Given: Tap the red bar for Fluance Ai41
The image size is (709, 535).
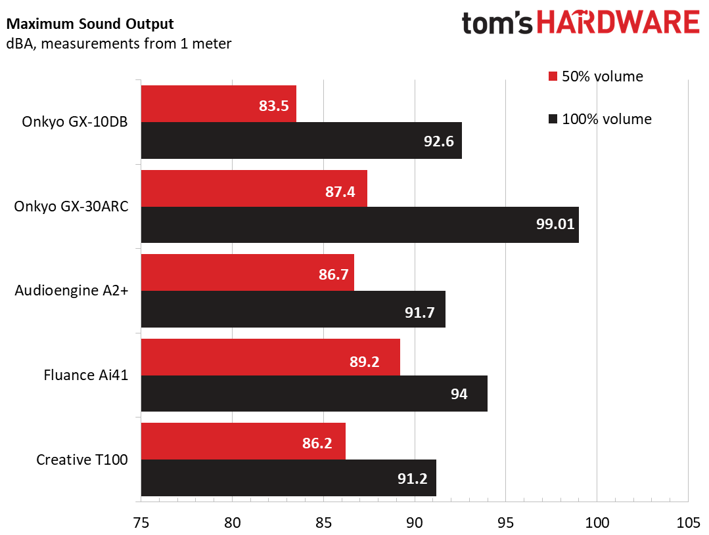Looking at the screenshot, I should [270, 357].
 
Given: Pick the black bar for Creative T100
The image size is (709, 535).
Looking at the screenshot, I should [288, 478].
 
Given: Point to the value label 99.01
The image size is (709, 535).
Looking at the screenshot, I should [555, 225].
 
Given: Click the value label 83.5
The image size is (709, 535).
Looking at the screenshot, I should [274, 104].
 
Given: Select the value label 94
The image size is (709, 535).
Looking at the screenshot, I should [459, 394].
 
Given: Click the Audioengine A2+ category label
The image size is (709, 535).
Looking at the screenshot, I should [71, 290].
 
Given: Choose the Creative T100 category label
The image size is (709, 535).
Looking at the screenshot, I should [82, 459].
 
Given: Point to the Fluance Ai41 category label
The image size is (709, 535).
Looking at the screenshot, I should [85, 375].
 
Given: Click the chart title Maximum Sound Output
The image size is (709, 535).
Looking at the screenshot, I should [90, 25].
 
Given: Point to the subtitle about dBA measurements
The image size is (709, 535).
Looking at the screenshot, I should [119, 44].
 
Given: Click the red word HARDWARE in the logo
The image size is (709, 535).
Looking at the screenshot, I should [618, 23].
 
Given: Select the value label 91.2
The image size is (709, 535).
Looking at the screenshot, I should [412, 479].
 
